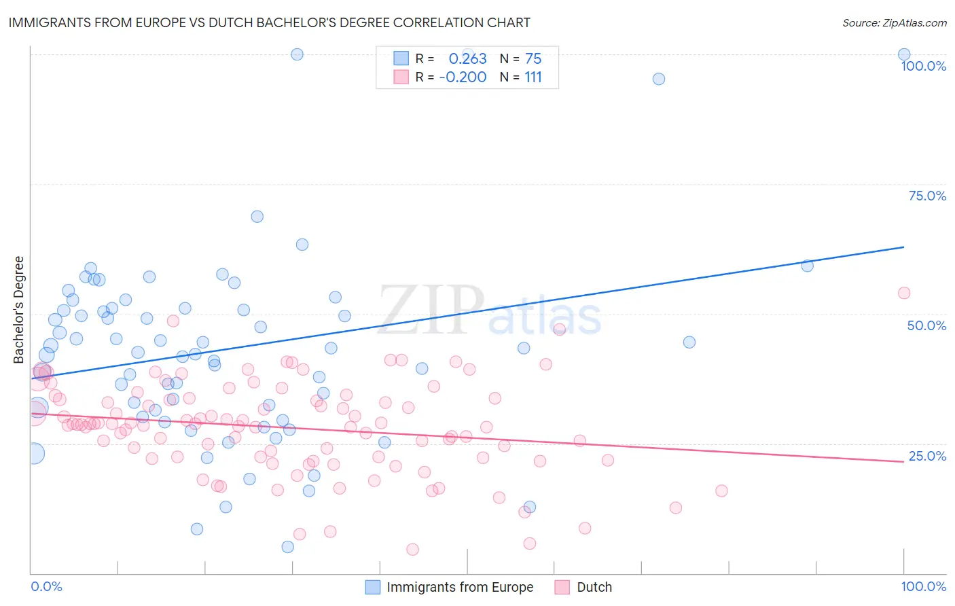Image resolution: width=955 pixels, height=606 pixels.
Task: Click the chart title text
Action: click(269, 22)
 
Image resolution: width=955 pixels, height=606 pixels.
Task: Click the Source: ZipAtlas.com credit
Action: click(894, 22)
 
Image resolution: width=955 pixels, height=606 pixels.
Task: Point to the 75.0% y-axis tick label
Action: click(926, 196)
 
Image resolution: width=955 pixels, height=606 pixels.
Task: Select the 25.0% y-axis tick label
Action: click(926, 456)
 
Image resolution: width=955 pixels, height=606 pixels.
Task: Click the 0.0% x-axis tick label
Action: click(46, 586)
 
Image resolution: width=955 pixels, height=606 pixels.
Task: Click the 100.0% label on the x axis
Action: click(923, 586)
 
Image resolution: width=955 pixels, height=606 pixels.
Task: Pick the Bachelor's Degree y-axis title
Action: click(19, 310)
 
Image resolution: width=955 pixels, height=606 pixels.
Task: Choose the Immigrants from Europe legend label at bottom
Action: click(460, 587)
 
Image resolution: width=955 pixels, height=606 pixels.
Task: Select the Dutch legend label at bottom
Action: click(594, 587)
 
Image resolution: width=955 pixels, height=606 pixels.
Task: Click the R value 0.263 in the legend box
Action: click(467, 59)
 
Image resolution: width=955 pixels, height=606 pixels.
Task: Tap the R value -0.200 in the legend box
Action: click(463, 77)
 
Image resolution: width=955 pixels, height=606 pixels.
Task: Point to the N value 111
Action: click(533, 77)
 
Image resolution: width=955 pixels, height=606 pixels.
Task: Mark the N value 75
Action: click(533, 59)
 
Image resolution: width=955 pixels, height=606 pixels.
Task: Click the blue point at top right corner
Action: click(903, 54)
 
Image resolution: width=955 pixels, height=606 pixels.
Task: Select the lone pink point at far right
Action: click(903, 293)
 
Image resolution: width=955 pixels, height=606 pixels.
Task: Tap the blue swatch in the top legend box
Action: click(401, 59)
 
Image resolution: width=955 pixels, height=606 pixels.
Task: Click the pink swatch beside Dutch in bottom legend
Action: click(562, 587)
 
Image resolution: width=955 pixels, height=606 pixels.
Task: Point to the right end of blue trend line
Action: click(903, 247)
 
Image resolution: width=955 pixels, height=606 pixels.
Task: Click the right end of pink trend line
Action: click(903, 461)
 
